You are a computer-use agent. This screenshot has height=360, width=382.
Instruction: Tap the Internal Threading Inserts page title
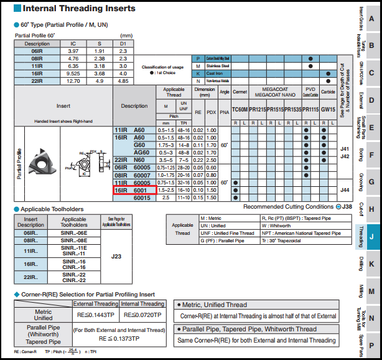(79, 9)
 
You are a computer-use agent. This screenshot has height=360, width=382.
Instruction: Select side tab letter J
(371, 237)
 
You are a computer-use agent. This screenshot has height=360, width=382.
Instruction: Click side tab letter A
(371, 18)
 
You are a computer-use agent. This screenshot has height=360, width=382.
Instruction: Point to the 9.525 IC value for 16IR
(73, 73)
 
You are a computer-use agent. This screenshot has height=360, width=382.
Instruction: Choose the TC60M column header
(240, 109)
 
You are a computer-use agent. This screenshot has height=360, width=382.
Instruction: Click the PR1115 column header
(310, 109)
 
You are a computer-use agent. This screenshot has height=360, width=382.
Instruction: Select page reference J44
(345, 189)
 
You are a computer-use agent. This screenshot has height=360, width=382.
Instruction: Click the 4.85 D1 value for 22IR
(123, 80)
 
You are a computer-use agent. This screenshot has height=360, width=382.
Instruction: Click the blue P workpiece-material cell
(198, 58)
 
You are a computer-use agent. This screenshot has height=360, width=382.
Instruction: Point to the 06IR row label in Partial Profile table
(37, 50)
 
